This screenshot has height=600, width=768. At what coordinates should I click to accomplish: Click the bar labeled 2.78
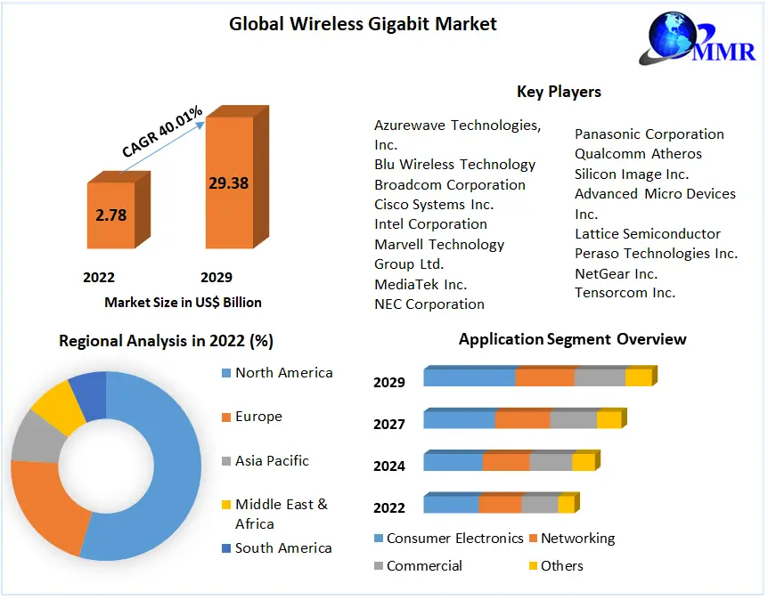tap(112, 215)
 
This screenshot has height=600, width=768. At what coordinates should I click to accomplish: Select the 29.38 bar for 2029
tap(229, 183)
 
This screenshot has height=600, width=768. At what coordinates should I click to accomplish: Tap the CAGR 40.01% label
tap(163, 132)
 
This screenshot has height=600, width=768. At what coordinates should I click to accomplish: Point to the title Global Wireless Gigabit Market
tap(363, 24)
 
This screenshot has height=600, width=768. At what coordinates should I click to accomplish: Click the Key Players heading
tap(559, 92)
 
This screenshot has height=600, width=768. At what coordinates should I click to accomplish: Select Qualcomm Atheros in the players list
tap(638, 154)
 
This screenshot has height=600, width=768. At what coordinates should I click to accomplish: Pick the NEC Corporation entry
tap(429, 304)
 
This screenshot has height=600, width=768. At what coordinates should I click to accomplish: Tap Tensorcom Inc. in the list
tap(625, 293)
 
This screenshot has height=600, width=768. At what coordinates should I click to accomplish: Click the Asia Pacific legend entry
tap(272, 461)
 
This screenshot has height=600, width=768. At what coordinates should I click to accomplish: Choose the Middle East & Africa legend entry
tap(280, 514)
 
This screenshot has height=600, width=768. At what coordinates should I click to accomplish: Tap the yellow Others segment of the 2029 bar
tap(638, 377)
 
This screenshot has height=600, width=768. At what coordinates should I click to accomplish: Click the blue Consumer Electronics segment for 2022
tap(451, 505)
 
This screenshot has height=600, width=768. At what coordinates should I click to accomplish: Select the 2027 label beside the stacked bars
tap(389, 424)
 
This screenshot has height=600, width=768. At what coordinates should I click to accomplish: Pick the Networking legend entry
tap(577, 539)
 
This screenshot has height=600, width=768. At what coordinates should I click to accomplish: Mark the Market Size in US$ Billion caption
tap(183, 303)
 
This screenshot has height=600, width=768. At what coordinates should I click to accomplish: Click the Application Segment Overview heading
tap(572, 339)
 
